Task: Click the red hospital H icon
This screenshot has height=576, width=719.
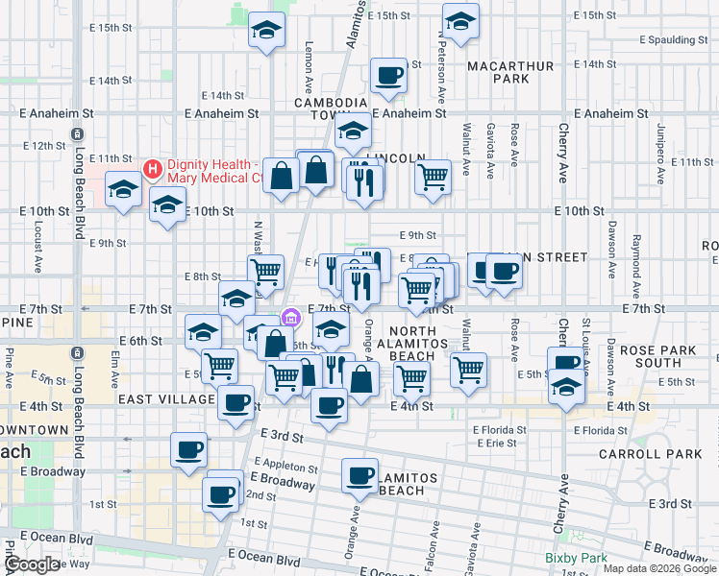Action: pos(152,170)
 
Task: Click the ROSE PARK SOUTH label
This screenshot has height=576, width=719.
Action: pos(663,356)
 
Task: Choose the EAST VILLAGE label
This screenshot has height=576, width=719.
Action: pos(167,398)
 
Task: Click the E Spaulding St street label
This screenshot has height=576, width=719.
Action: pos(665,40)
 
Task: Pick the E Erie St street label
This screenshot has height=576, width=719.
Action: pos(495,443)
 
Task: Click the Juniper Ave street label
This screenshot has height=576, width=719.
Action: pos(660,142)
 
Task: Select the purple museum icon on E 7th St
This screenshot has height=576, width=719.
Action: pos(290,317)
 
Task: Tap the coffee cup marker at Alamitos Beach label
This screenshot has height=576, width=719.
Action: pos(361,474)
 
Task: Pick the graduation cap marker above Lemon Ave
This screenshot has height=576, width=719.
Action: pos(266,31)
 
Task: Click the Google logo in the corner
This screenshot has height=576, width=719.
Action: pos(32,564)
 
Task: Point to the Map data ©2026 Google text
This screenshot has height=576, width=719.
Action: pos(658,568)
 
